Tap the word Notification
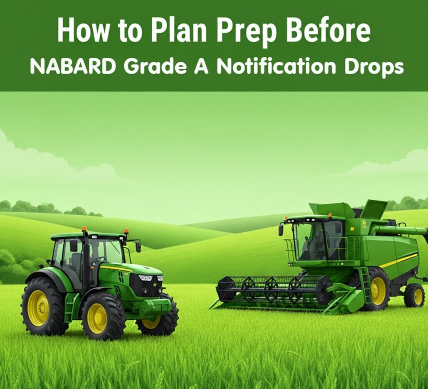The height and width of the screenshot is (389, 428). (276, 66)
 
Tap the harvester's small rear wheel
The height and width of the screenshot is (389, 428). (414, 295)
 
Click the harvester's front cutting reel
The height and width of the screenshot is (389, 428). (273, 289)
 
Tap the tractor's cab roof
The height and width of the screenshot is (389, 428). (88, 236)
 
